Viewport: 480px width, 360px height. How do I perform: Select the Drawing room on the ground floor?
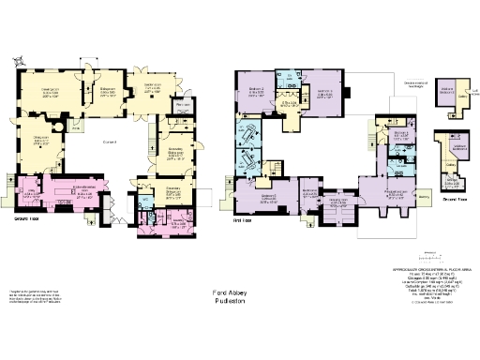coord(47,92)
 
